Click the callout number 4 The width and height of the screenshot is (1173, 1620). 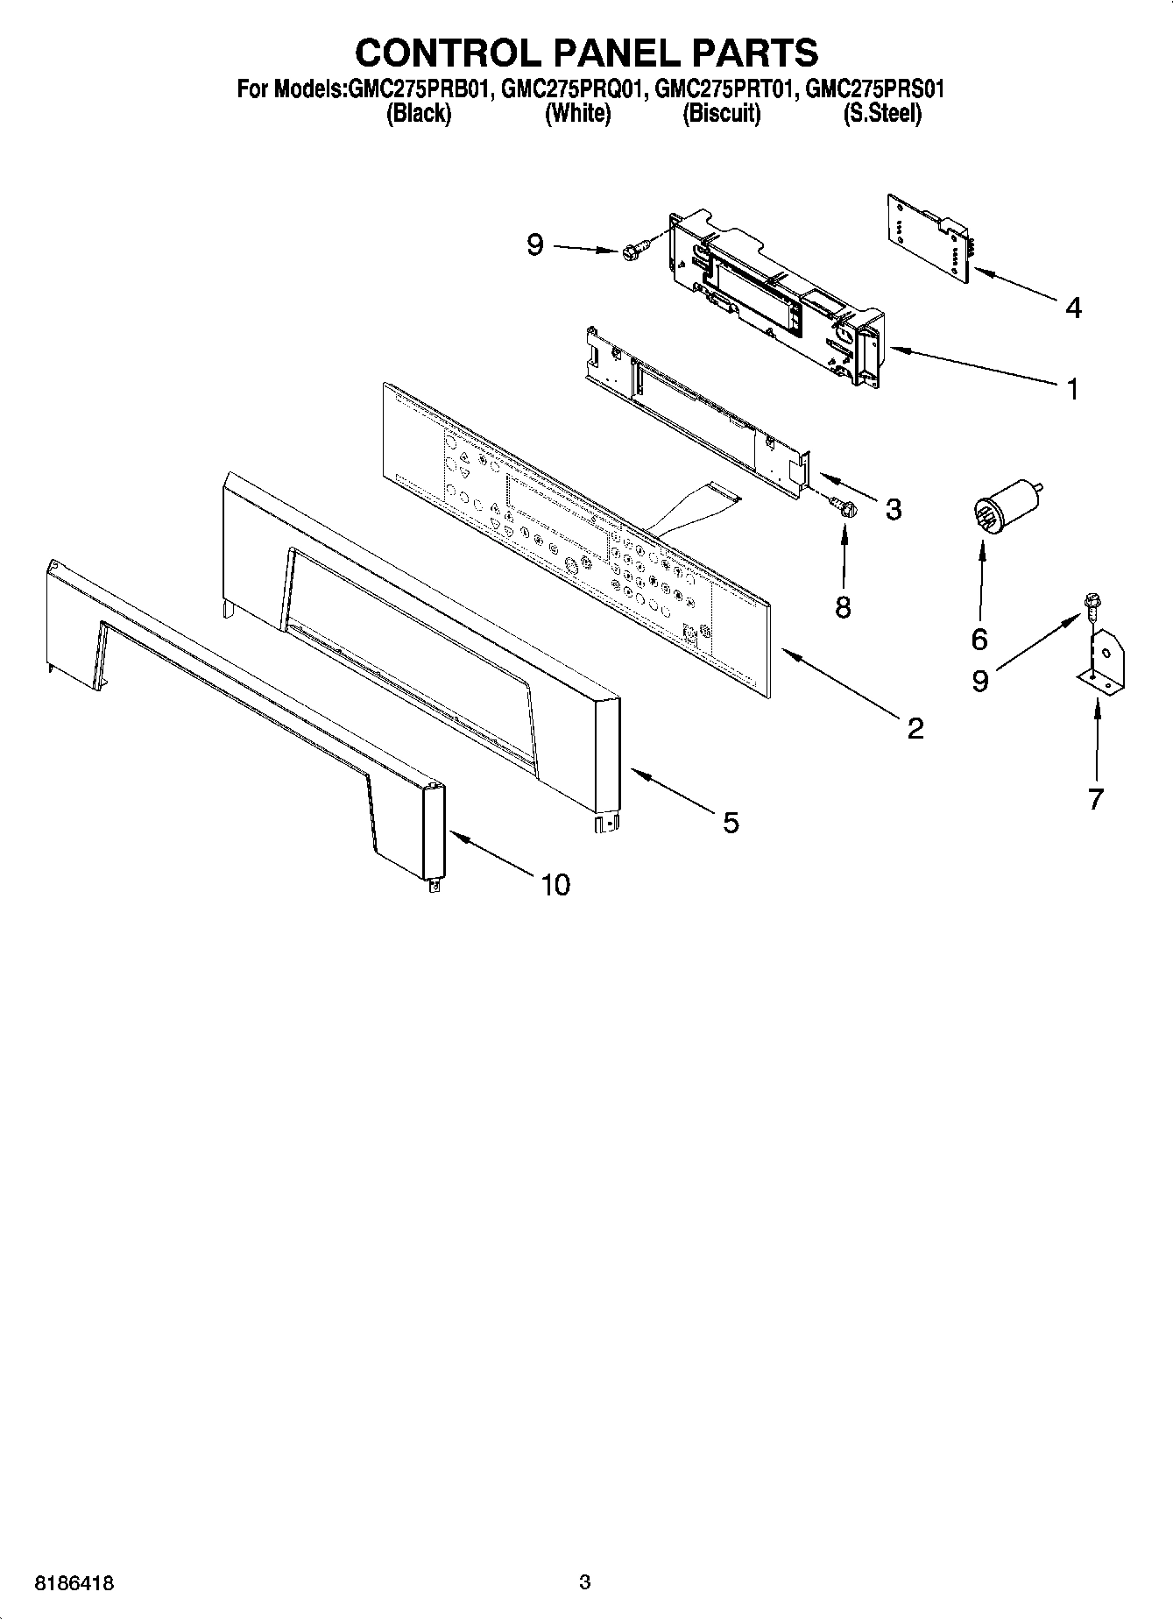(1073, 308)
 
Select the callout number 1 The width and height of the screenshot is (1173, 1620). (1073, 388)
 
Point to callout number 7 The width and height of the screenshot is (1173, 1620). (1095, 798)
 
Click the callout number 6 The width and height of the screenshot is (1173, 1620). (979, 639)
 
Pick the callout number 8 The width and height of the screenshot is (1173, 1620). (843, 606)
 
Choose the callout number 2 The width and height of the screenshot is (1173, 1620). (915, 727)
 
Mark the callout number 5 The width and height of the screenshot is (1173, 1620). (731, 822)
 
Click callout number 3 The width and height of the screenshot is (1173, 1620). (893, 509)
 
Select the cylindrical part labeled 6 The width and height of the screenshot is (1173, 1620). (1006, 508)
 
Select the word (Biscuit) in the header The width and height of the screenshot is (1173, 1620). (721, 114)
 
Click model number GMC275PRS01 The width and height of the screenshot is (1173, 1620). (873, 89)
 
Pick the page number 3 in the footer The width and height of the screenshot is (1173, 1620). (585, 1582)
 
